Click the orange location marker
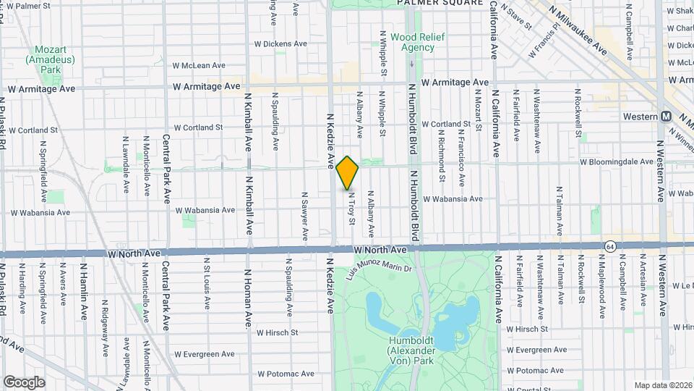[x=348, y=172]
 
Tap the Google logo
[x=24, y=382]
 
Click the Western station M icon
[x=666, y=117]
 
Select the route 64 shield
[x=611, y=246]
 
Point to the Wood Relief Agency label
[x=417, y=42]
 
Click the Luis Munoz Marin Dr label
[x=379, y=268]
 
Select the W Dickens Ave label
[x=280, y=43]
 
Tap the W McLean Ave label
[x=199, y=65]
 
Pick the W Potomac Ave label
[x=286, y=374]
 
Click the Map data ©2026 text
[x=663, y=385]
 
